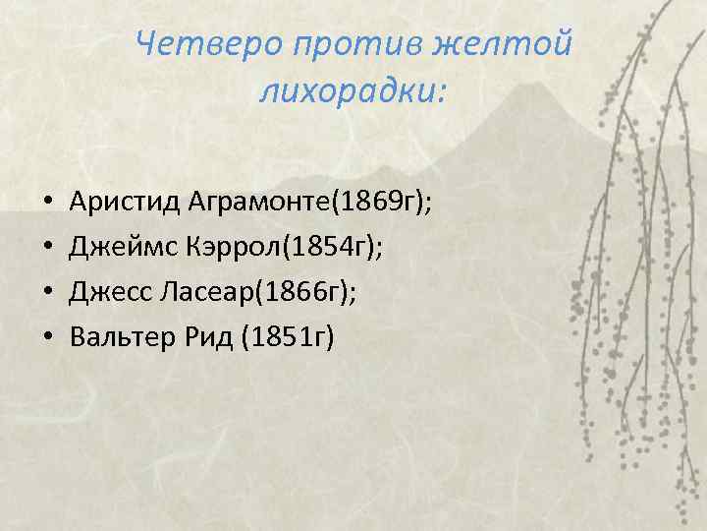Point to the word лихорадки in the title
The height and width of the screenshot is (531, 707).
click(349, 92)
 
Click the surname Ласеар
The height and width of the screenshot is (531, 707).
click(194, 294)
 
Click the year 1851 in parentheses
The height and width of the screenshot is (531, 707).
click(274, 339)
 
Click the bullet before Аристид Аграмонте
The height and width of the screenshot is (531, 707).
click(47, 205)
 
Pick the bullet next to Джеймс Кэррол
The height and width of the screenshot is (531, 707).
click(47, 250)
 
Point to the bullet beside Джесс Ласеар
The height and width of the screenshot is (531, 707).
click(47, 295)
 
